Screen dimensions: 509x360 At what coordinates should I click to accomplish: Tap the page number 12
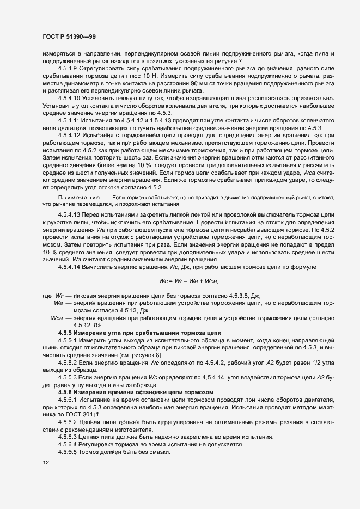tap(46, 463)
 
